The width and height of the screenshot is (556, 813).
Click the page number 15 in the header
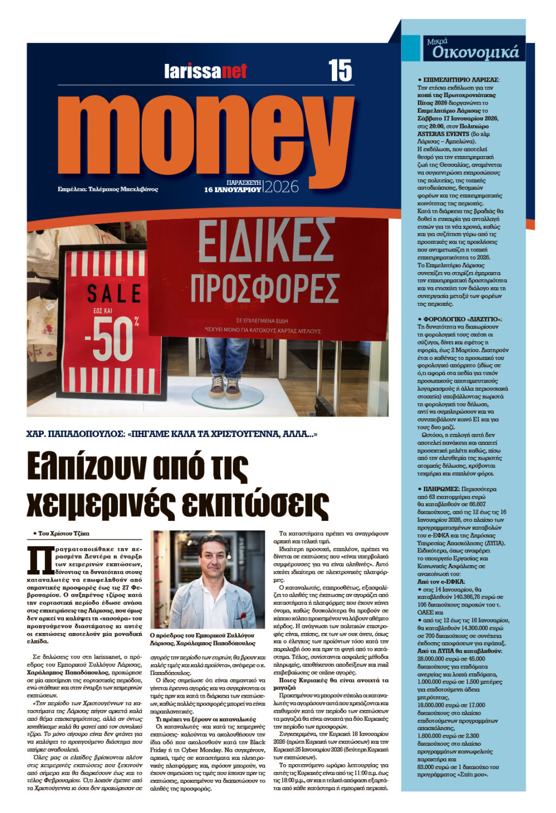pyautogui.click(x=339, y=70)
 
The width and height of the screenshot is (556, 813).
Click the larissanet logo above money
pyautogui.click(x=206, y=71)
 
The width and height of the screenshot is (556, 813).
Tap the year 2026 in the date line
pyautogui.click(x=282, y=187)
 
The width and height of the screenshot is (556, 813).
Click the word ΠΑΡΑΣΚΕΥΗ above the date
pyautogui.click(x=244, y=183)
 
